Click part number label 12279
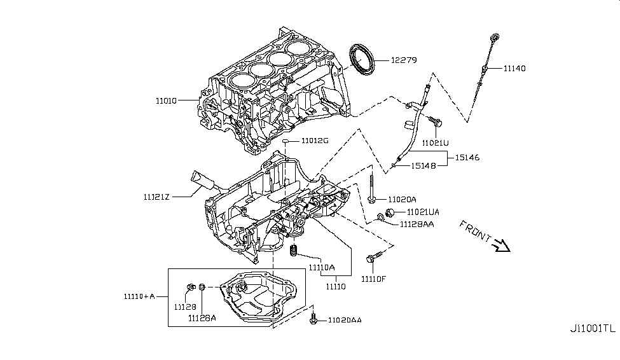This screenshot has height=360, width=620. pos(403,60)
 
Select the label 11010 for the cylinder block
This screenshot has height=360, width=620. pos(168,100)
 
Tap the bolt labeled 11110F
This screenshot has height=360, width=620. pos(371,258)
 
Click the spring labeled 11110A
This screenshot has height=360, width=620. pos(294,251)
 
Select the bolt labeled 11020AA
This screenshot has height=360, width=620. pos(313,319)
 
